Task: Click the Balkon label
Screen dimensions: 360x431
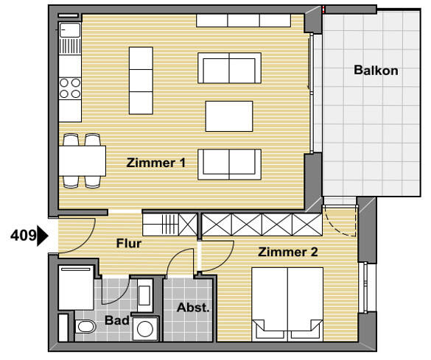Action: pos(376,71)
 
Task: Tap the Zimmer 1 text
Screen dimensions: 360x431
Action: pos(155,163)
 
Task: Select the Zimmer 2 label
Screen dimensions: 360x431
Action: pos(287,253)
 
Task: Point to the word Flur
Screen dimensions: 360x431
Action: pos(128,242)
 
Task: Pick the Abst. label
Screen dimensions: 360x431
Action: pos(193,308)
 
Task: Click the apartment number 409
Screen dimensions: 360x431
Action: pos(22,236)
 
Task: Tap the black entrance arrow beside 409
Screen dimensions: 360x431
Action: pos(43,236)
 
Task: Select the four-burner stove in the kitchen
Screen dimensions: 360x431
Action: pos(70,88)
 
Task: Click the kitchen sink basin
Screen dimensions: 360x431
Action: pos(70,32)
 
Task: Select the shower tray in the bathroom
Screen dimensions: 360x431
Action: pos(75,288)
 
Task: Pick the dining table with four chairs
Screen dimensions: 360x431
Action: pos(82,159)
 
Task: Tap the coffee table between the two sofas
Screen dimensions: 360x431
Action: pos(229,116)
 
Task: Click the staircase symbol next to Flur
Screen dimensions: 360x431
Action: pos(170,223)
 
